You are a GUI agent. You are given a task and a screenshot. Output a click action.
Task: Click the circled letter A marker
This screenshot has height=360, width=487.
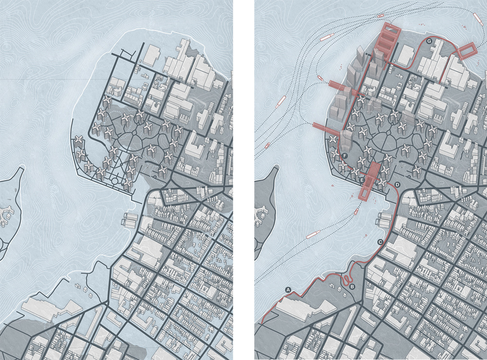288,289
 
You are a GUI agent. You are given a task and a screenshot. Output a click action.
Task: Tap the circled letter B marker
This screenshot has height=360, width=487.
353,286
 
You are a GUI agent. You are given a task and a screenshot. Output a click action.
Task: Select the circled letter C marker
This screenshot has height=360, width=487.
380,242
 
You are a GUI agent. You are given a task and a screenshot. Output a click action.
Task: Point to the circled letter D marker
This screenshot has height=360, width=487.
397,185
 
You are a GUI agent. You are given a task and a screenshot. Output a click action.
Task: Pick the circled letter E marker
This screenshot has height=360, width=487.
361,180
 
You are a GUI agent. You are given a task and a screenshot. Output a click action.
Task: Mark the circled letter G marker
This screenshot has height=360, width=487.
429,42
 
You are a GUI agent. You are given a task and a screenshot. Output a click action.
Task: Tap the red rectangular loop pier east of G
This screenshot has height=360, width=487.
469,51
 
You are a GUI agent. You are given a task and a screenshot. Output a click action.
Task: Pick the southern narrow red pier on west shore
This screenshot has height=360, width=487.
326,127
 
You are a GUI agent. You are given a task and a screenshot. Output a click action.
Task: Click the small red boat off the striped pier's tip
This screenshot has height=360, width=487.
380,16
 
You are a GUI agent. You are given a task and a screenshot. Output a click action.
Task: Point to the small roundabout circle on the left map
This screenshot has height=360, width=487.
115,181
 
